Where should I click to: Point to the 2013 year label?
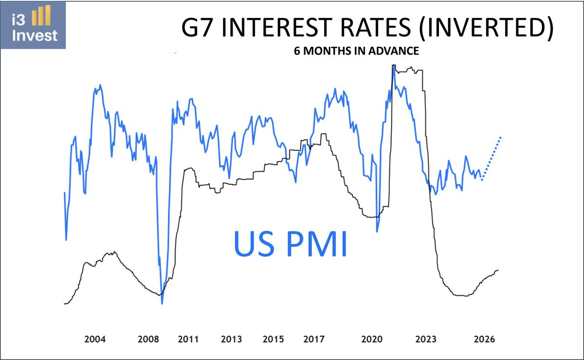pyautogui.click(x=231, y=339)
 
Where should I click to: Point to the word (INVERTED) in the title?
pyautogui.click(x=485, y=29)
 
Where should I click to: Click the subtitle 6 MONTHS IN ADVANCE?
pyautogui.click(x=356, y=51)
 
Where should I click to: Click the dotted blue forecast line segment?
pyautogui.click(x=492, y=159)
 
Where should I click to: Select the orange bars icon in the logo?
pyautogui.click(x=41, y=18)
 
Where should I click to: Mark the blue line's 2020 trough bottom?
pyautogui.click(x=377, y=232)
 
